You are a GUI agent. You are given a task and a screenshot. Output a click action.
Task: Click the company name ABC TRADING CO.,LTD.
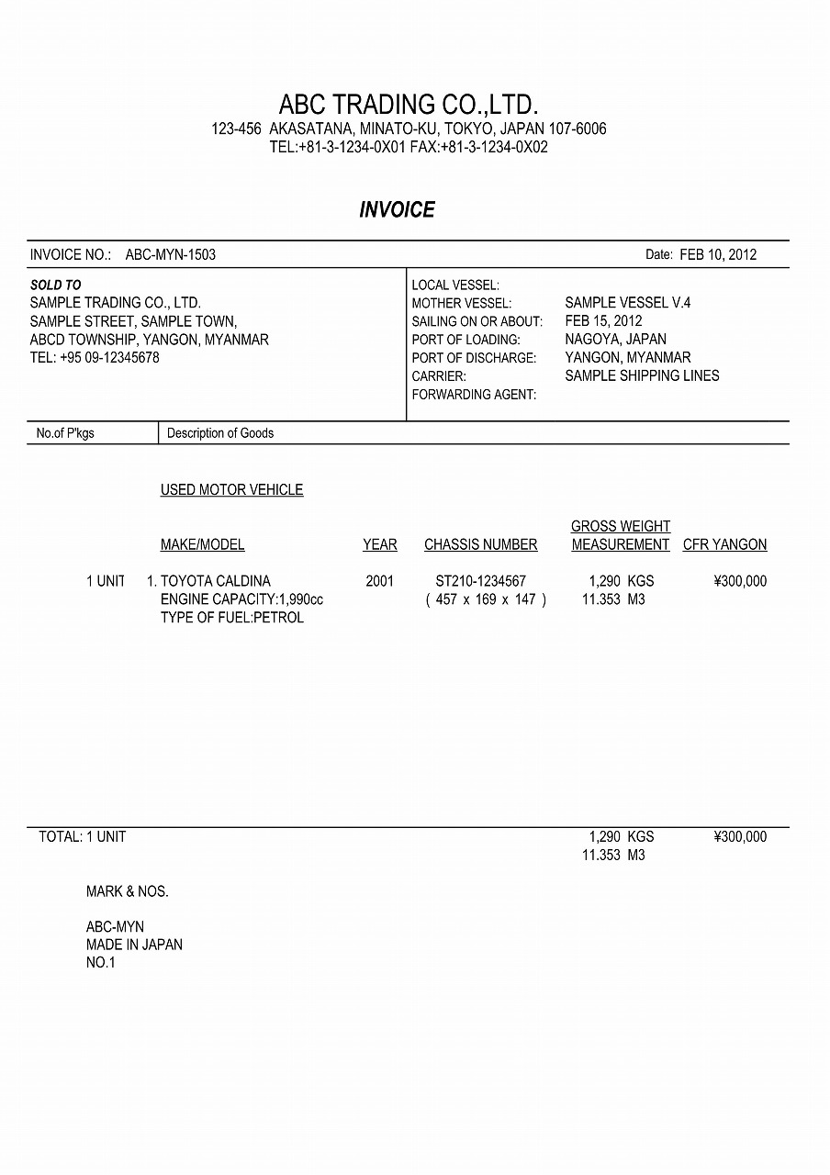point(408,104)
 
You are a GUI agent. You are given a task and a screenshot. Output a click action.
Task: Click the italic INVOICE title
point(397,210)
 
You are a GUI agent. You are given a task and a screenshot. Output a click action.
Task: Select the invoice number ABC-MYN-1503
point(171,255)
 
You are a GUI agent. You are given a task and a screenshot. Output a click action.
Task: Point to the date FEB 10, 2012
point(718,255)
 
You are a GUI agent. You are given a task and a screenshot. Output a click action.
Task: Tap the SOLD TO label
point(55,285)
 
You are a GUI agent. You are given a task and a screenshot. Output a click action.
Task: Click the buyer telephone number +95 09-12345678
point(109,358)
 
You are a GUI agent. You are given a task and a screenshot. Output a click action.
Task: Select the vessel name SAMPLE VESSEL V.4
point(628,303)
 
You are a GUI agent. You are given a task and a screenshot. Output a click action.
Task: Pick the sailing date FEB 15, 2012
point(603,321)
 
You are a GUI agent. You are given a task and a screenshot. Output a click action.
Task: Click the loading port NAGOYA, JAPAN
point(615,340)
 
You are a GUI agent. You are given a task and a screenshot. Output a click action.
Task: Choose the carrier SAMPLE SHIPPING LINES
point(642,376)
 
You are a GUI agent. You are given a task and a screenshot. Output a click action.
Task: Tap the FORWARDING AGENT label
point(474,395)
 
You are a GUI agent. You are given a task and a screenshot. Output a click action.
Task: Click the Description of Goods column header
point(220,433)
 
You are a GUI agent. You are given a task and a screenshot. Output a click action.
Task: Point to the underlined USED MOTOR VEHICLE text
point(231,490)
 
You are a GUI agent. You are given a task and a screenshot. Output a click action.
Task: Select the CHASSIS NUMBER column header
point(480,545)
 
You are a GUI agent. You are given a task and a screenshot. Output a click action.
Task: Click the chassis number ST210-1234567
point(480,581)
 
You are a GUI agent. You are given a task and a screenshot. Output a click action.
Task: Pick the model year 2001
point(379,581)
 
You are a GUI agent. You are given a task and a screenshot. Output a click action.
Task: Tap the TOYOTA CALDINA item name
point(216,581)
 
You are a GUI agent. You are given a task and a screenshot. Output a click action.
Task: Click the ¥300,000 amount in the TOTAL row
point(739,837)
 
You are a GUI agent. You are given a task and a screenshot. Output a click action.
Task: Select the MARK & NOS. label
point(128,891)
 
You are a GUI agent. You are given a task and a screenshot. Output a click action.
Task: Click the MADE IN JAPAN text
point(134,945)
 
